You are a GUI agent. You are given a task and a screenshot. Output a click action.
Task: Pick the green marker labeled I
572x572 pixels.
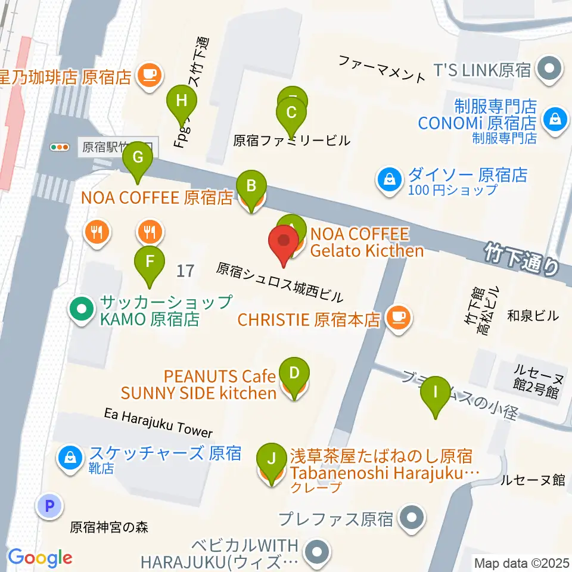point(436,392)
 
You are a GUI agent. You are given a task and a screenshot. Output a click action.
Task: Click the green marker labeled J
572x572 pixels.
point(272,459)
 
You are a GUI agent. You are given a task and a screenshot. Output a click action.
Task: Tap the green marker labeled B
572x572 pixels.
point(251,186)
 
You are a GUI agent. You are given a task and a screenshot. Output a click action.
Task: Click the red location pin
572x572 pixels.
point(284,243)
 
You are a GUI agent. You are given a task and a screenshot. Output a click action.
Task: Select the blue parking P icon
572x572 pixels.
point(49,506)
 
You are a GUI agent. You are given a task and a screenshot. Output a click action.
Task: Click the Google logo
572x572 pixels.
point(40,558)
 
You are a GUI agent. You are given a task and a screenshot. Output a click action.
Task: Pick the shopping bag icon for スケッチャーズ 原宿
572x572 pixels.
point(70,457)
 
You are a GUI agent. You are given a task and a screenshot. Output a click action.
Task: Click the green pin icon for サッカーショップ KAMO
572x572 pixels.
point(82,309)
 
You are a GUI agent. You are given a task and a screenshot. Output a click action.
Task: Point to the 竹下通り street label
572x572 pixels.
point(521,258)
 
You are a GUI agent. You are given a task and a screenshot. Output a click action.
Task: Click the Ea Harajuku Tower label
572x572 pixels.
point(158,422)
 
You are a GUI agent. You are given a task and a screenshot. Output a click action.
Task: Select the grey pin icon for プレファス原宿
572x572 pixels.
point(412,517)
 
